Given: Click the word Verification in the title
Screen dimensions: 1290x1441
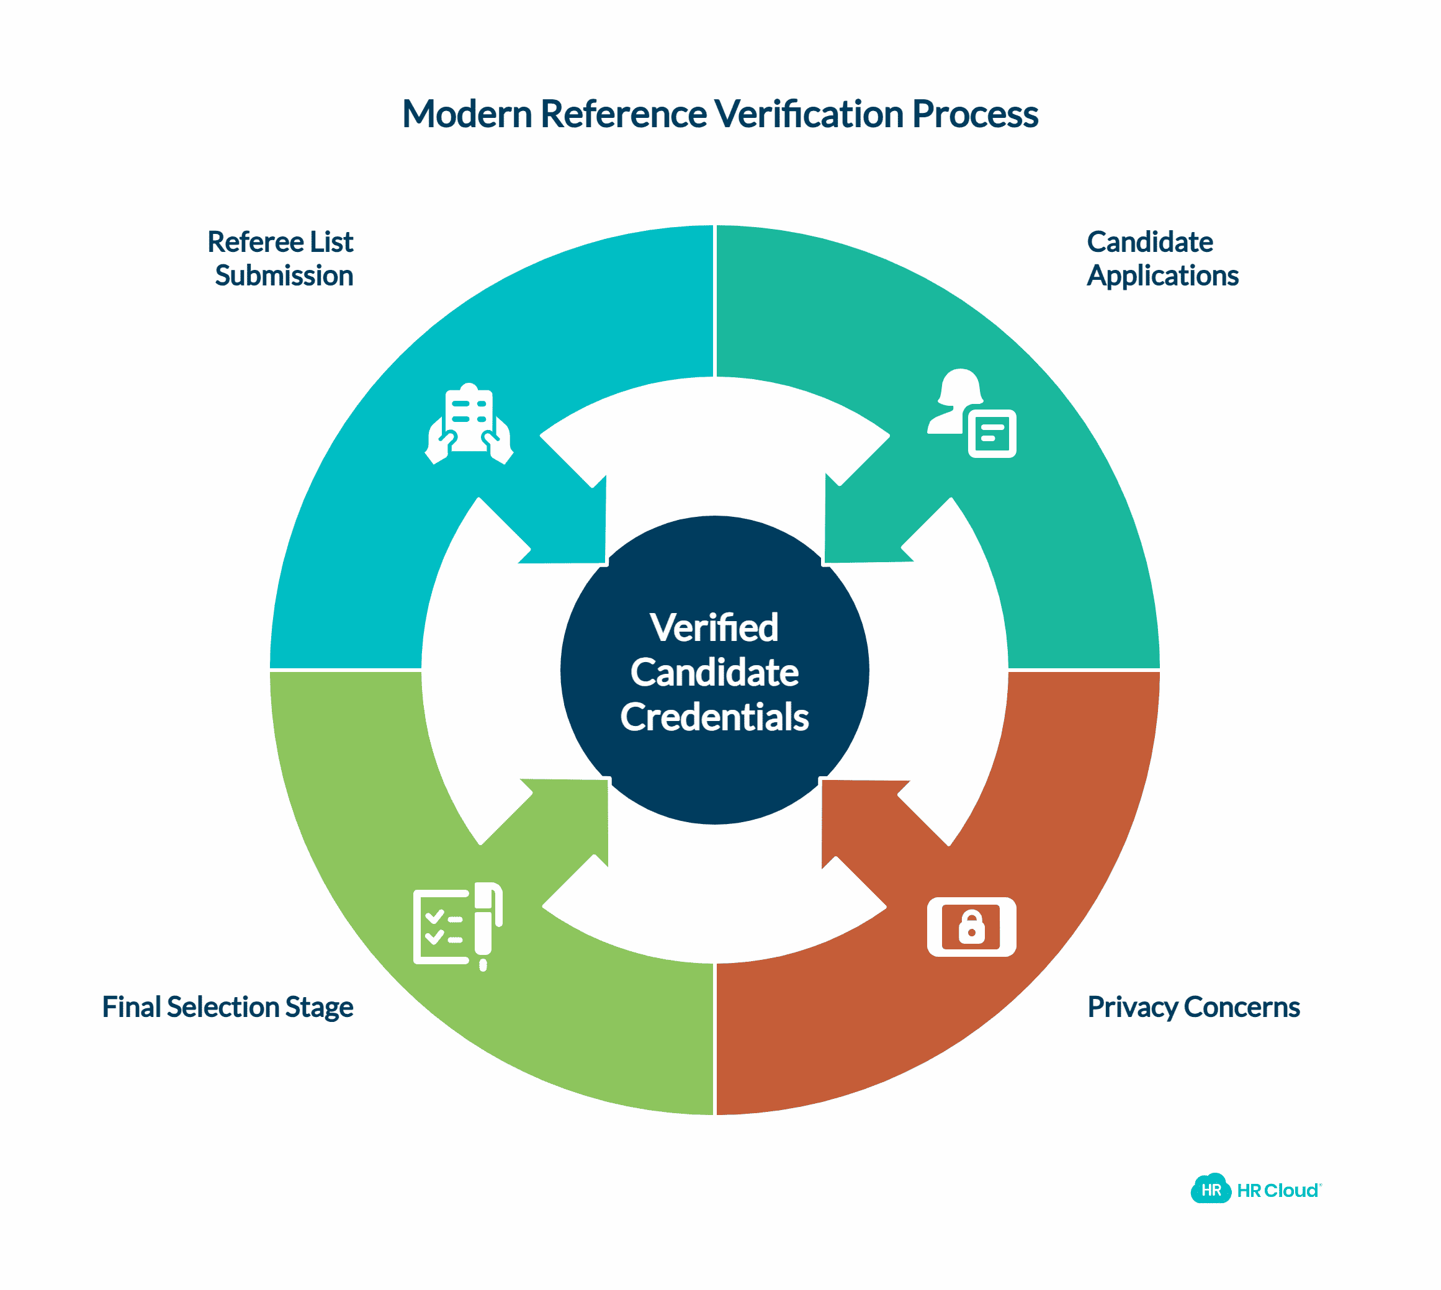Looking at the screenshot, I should point(808,114).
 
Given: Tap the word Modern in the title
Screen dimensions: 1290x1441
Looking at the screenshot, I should point(467,114).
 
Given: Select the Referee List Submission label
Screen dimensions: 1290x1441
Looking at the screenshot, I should point(281,259).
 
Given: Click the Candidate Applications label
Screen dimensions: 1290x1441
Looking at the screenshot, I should point(1162,259).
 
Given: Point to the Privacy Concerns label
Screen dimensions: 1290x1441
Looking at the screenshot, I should point(1193,1007).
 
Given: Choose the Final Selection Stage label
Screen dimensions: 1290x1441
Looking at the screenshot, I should point(228,1007).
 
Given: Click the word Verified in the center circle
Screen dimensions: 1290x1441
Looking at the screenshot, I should point(714,627).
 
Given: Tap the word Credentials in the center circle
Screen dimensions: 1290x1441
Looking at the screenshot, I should point(714,717).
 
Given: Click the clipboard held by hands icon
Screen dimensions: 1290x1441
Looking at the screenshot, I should point(469,424).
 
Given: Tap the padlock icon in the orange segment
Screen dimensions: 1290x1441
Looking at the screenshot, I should point(971,927).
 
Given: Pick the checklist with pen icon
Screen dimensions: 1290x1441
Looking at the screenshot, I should point(457,925).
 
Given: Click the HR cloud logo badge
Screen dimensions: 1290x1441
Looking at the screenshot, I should point(1210,1190).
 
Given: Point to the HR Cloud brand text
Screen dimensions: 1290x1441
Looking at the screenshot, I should point(1277,1191).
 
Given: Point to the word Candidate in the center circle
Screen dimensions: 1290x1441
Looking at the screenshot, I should point(714,672).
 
